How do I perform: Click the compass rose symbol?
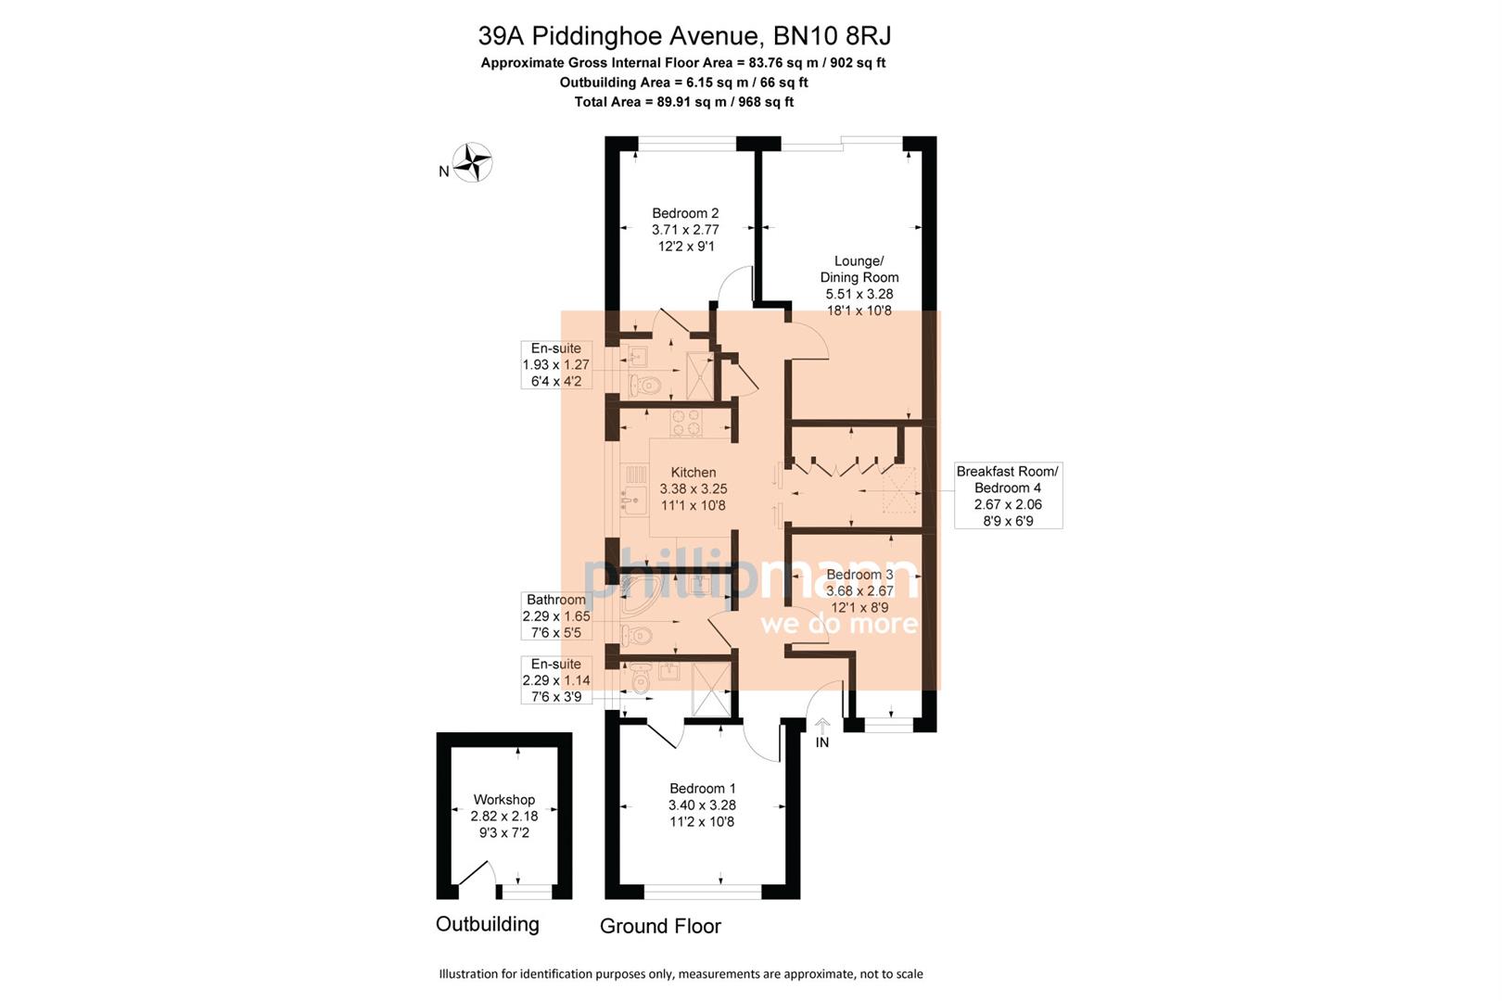point(474,162)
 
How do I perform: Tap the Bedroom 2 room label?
point(685,230)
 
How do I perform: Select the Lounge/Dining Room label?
point(859,285)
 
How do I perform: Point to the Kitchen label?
point(694,488)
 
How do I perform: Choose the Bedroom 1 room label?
point(702,805)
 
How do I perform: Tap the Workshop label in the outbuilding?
point(504,816)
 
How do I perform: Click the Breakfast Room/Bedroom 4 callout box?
point(1008,496)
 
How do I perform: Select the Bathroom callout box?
point(556,616)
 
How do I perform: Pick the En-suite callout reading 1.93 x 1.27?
point(556,364)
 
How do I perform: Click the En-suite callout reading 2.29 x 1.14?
point(556,679)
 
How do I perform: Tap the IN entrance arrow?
point(822,732)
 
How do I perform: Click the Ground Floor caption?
point(660,926)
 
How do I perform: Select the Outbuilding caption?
point(488,924)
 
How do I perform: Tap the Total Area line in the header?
point(684,102)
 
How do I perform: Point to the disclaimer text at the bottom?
point(681,974)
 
